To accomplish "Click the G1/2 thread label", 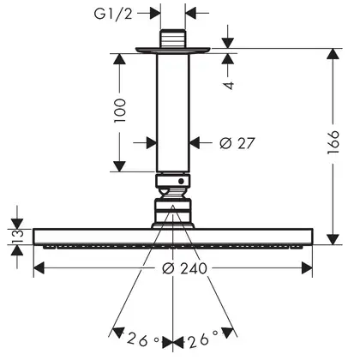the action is click(113, 14).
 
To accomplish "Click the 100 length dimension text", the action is click(120, 111).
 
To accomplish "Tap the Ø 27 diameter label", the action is click(237, 143).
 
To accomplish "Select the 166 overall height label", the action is click(333, 142).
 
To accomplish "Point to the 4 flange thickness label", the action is click(229, 85).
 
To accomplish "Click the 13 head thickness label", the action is click(17, 237).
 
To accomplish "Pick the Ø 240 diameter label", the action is click(184, 268).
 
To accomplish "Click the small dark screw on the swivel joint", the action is click(181, 181).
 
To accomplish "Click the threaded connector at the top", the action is click(173, 39).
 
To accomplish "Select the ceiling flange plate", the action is click(173, 51).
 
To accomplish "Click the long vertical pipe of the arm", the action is click(173, 113).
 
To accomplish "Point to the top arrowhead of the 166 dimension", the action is click(333, 54).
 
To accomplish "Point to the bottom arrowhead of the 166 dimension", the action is click(333, 239).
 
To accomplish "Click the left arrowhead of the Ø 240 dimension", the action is click(39, 268).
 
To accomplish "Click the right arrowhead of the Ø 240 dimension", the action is click(307, 268).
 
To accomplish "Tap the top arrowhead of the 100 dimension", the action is click(119, 58).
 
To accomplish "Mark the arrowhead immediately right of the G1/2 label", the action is click(155, 13).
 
